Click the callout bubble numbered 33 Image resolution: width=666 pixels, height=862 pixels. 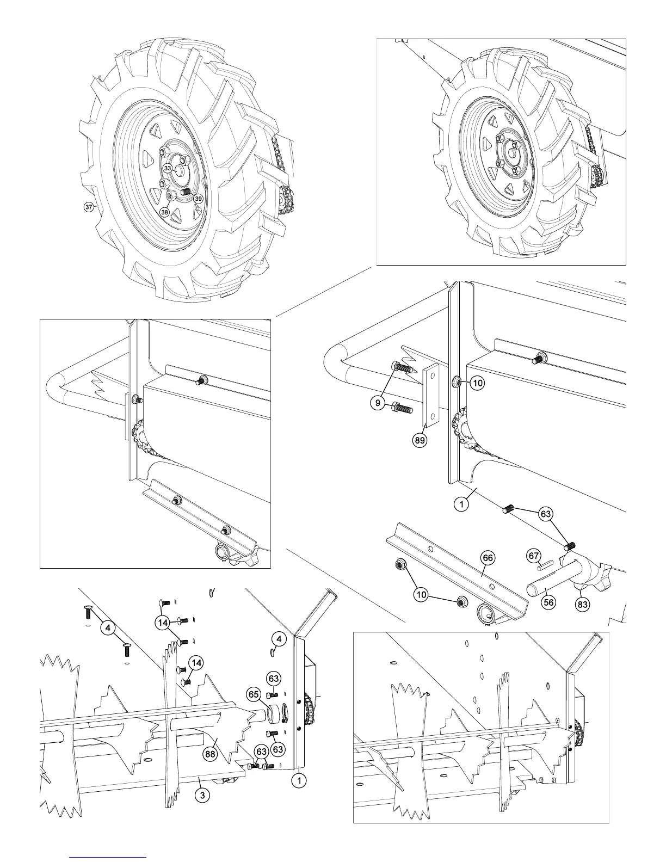point(168,169)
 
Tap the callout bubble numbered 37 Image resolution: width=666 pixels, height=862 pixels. point(88,207)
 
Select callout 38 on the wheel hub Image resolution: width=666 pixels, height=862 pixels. point(165,212)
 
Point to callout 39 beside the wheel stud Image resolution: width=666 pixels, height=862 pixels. point(199,199)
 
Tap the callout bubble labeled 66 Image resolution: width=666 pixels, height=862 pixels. point(488,557)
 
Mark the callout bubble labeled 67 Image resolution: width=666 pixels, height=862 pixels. point(534,556)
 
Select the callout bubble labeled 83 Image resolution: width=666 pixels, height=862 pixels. point(583,604)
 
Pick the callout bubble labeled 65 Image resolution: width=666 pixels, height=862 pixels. point(254,694)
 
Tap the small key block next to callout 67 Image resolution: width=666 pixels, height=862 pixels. point(545,565)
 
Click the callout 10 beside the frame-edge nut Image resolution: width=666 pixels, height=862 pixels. point(477,383)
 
